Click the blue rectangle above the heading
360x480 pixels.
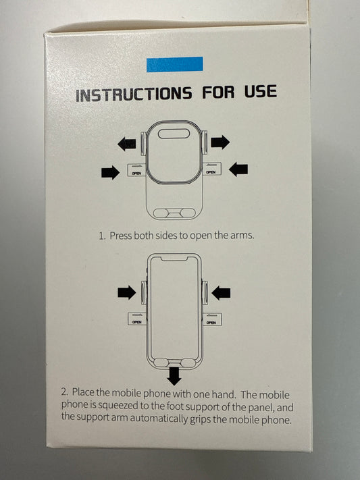pyautogui.click(x=175, y=64)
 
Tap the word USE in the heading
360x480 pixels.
pyautogui.click(x=261, y=91)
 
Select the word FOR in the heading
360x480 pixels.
pyautogui.click(x=218, y=92)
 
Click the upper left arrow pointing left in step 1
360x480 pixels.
pyautogui.click(x=126, y=144)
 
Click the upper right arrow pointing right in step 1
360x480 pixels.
pyautogui.click(x=220, y=142)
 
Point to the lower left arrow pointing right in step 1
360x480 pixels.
pyautogui.click(x=110, y=172)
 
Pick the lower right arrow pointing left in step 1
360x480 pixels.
pyautogui.click(x=238, y=169)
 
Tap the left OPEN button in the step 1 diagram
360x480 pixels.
pyautogui.click(x=136, y=170)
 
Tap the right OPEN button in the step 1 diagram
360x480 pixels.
pyautogui.click(x=212, y=169)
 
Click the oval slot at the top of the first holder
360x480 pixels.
pyautogui.click(x=173, y=134)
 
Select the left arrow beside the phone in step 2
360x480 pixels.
pyautogui.click(x=127, y=292)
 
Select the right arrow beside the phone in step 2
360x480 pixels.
pyautogui.click(x=221, y=293)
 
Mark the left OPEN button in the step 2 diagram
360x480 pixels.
pyautogui.click(x=136, y=319)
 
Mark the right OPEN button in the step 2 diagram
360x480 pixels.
pyautogui.click(x=212, y=319)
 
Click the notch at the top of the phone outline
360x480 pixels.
pyautogui.click(x=174, y=259)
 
